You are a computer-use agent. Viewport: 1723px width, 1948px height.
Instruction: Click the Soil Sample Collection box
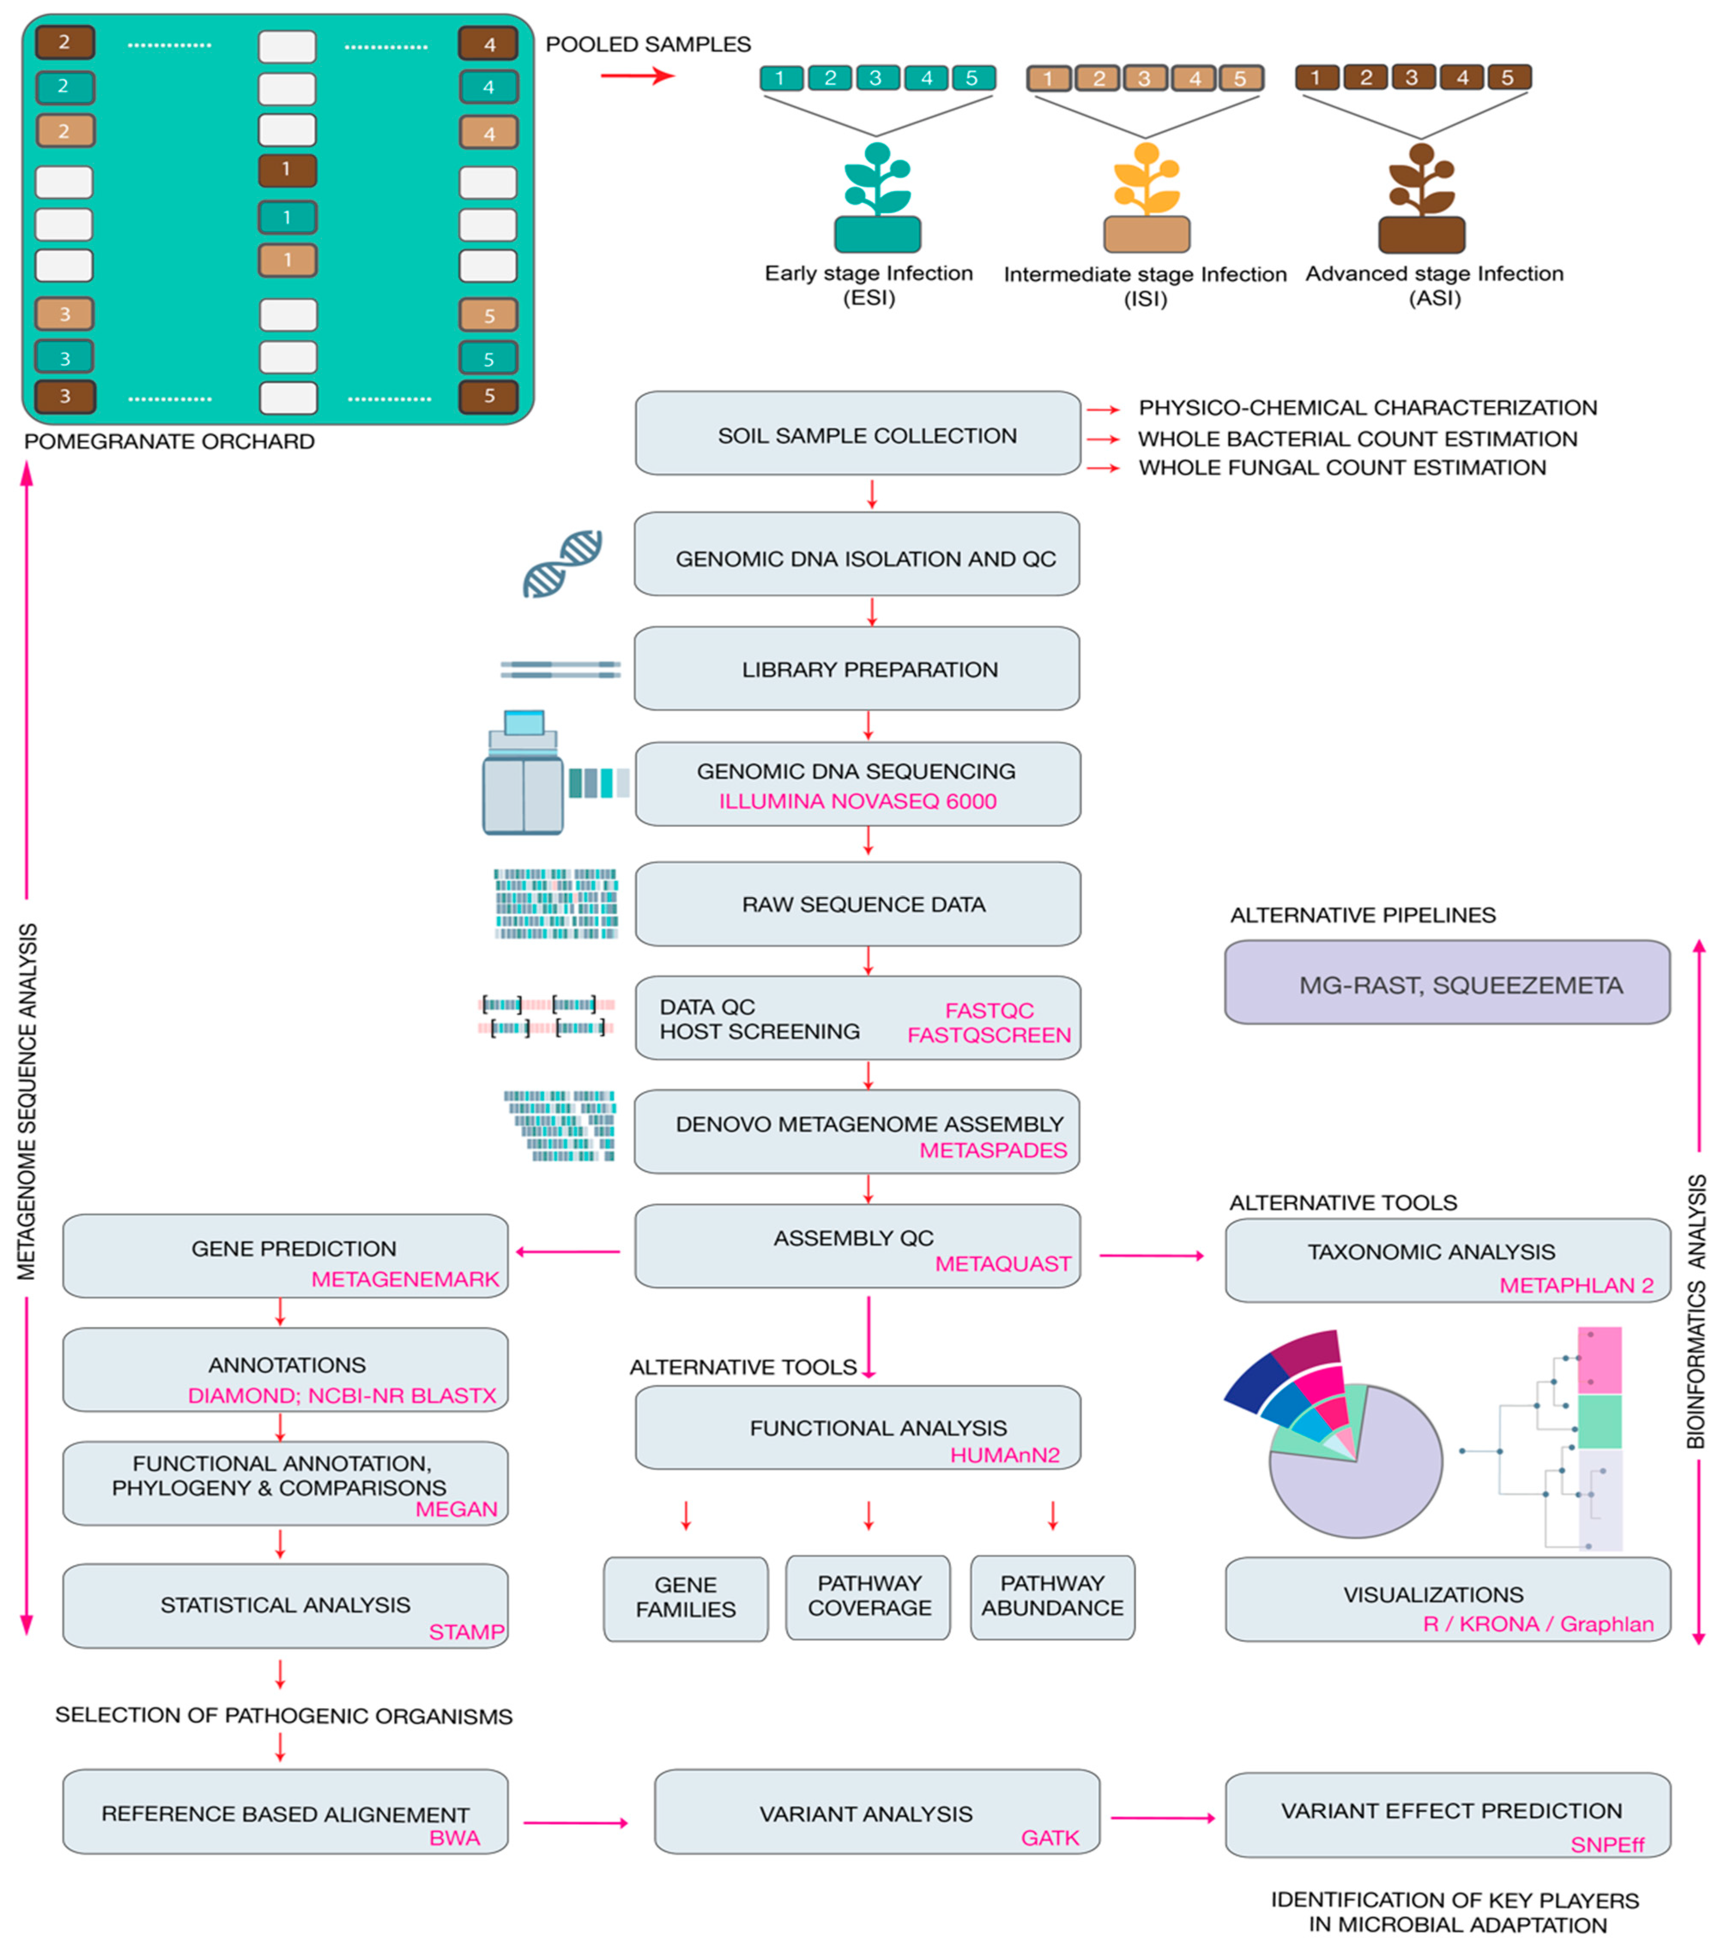pyautogui.click(x=858, y=434)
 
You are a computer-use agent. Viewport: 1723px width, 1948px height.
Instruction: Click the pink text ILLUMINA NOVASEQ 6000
pyautogui.click(x=858, y=802)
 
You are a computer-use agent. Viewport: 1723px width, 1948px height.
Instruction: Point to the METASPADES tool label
pyautogui.click(x=993, y=1150)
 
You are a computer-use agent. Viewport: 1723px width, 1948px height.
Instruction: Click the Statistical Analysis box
pyautogui.click(x=285, y=1606)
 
